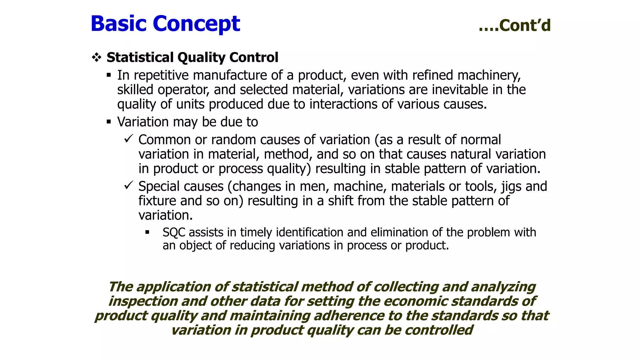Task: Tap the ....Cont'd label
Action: click(x=515, y=25)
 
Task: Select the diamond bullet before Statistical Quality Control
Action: click(x=96, y=57)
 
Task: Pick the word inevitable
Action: click(x=460, y=90)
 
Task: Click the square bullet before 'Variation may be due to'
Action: click(x=109, y=122)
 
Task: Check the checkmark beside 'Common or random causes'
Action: click(x=129, y=139)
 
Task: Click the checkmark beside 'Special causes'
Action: click(x=129, y=185)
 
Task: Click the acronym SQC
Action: click(x=174, y=233)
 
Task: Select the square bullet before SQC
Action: click(x=147, y=233)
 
